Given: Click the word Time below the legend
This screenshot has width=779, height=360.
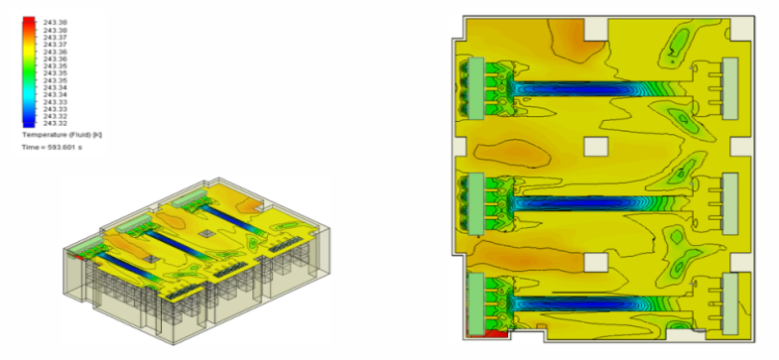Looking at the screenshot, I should (30, 146).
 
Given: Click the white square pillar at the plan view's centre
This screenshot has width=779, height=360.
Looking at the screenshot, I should (595, 147).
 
